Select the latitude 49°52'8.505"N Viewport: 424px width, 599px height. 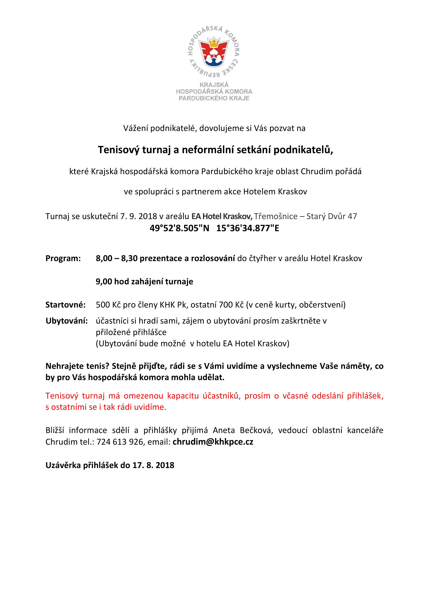point(179,228)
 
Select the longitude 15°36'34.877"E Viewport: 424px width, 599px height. point(248,228)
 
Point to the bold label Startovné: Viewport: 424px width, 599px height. point(65,305)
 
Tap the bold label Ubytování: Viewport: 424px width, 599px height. point(67,321)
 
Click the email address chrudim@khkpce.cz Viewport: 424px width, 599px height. point(213,442)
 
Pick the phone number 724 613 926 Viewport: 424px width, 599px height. point(120,442)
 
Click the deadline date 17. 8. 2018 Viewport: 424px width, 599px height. point(153,465)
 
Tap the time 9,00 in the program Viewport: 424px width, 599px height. point(104,282)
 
